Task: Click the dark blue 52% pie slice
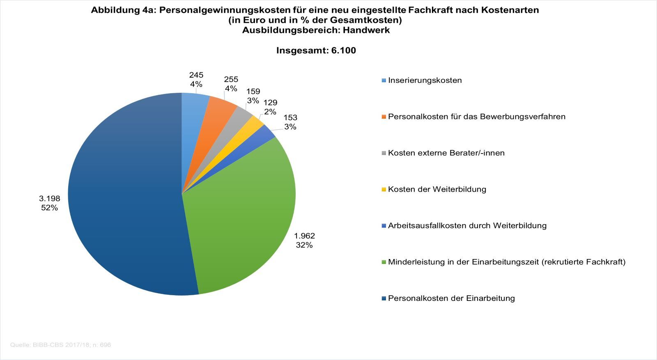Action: point(123,197)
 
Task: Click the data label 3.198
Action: point(49,199)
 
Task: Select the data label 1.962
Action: point(304,236)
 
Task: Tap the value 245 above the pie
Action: point(196,75)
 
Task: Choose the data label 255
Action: point(231,80)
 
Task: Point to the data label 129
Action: point(270,103)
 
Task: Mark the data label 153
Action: point(290,118)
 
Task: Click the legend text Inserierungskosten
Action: point(425,80)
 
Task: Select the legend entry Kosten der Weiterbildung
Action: point(437,189)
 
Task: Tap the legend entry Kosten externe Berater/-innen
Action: point(446,153)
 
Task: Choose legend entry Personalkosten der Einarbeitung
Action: point(451,298)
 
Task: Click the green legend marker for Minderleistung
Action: point(384,262)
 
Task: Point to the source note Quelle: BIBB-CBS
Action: point(60,345)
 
